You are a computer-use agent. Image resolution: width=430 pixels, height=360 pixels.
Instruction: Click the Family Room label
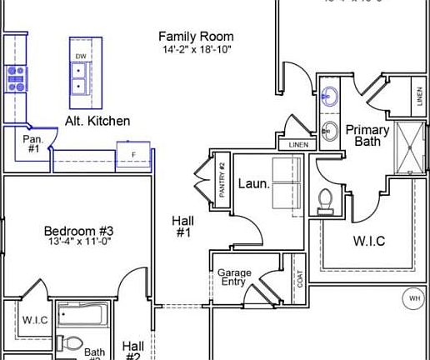click(196, 37)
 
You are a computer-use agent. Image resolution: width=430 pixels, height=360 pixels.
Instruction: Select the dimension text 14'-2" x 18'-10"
click(196, 50)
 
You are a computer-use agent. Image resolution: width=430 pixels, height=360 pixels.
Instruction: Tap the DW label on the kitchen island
click(81, 57)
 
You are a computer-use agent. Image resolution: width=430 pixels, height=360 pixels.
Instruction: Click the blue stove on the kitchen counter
click(16, 77)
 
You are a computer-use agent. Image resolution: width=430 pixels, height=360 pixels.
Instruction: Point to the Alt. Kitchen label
click(97, 121)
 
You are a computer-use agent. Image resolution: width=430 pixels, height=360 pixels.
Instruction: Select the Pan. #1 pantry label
click(32, 144)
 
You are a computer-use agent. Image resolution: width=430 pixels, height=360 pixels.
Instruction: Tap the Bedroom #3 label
click(78, 231)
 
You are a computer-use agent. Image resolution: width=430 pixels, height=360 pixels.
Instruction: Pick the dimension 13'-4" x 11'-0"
click(78, 242)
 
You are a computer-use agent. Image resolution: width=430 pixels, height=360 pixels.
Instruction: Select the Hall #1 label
click(182, 227)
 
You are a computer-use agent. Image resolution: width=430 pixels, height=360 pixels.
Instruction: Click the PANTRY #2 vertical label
click(222, 178)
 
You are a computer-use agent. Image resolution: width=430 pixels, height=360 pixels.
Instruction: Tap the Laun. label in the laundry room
click(253, 184)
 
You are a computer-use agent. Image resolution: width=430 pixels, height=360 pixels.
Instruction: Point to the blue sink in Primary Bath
click(330, 92)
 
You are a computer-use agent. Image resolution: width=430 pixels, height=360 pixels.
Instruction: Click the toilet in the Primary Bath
click(327, 198)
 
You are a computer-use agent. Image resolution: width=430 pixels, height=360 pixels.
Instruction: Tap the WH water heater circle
click(414, 297)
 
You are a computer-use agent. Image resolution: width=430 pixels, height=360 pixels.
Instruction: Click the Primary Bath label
click(367, 135)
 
